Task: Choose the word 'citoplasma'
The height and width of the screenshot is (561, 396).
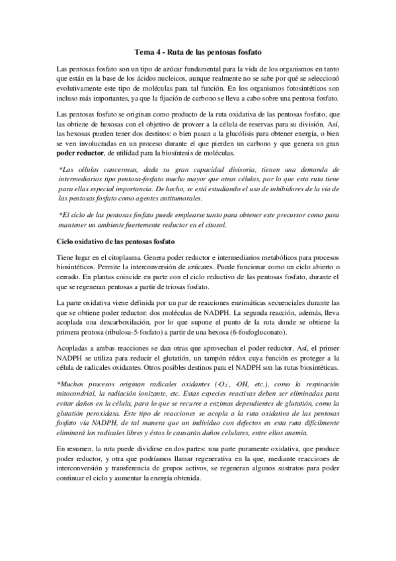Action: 122,257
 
